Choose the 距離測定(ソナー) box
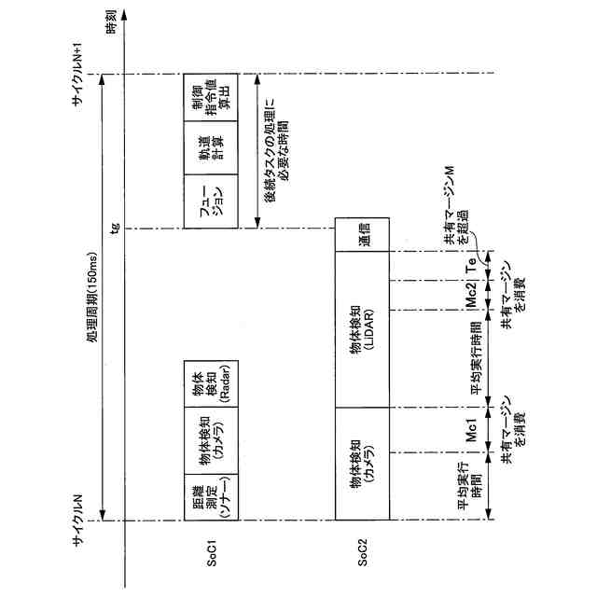coord(213,493)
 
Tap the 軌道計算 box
coord(213,149)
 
